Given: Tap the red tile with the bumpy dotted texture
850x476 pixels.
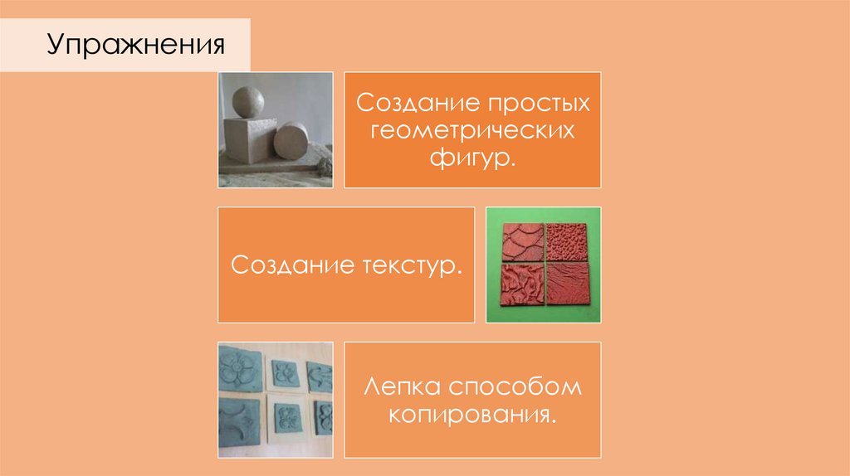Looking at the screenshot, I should [x=566, y=240].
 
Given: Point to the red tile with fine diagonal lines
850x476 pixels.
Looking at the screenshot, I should [x=566, y=287].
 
